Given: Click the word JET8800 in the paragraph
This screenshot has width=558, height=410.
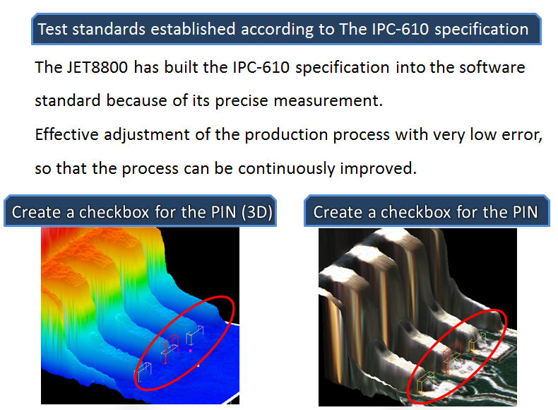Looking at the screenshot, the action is click(x=97, y=67).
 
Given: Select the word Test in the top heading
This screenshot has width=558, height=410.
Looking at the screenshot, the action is click(x=52, y=29).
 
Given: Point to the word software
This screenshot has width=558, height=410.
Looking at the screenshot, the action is click(x=492, y=67).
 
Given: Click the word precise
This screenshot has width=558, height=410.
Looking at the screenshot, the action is click(x=242, y=101).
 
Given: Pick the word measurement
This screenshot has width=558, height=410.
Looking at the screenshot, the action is click(x=328, y=101).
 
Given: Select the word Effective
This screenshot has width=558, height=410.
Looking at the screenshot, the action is click(x=66, y=134).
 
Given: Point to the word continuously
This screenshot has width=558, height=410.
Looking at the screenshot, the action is click(x=287, y=169).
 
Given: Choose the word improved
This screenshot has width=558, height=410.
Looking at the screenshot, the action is click(x=378, y=169).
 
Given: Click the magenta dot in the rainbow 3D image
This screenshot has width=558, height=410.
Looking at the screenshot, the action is click(x=191, y=351).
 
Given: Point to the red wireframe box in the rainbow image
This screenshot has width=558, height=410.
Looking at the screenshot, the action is click(x=170, y=348).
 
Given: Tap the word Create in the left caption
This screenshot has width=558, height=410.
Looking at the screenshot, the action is click(x=36, y=212).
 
